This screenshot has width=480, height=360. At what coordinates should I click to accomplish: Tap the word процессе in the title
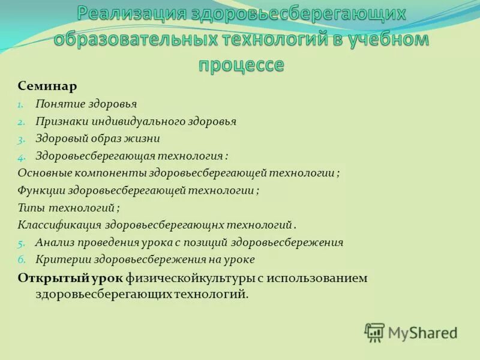[x=241, y=64]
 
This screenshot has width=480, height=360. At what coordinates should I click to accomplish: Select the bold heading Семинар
[x=47, y=86]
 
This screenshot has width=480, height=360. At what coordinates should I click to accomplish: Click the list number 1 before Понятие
[x=20, y=104]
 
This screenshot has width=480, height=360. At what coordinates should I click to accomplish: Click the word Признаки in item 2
[x=62, y=121]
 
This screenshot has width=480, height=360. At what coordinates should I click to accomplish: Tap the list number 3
[x=20, y=139]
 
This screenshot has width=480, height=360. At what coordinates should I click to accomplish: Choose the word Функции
[x=41, y=191]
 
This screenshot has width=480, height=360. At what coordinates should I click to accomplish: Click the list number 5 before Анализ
[x=20, y=244]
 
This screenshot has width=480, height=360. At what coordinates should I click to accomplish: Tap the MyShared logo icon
[x=374, y=332]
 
